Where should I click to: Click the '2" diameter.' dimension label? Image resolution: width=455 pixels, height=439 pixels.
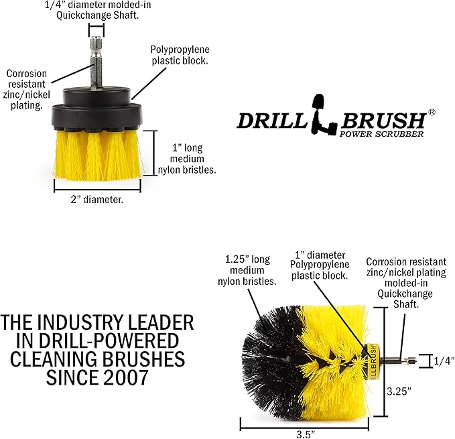[97, 199]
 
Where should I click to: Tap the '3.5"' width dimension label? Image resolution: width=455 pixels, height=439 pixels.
[306, 434]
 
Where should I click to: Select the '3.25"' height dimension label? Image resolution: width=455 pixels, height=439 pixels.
[399, 391]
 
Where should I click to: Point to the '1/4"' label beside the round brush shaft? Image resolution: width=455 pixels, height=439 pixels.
[444, 361]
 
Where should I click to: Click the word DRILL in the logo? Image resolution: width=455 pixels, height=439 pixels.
[272, 121]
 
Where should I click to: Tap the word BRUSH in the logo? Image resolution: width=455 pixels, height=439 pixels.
[383, 120]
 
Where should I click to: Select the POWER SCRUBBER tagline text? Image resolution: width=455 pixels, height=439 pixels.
[381, 134]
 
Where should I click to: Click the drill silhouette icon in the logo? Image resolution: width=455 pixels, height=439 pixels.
[323, 115]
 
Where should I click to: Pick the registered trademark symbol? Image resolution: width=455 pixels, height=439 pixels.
[432, 113]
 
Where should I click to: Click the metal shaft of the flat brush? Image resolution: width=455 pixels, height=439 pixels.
[96, 62]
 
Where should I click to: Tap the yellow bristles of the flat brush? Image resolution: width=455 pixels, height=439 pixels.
[98, 155]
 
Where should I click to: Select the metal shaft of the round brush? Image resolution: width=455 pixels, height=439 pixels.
[399, 361]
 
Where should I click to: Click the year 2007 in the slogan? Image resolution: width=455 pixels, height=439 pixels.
[126, 377]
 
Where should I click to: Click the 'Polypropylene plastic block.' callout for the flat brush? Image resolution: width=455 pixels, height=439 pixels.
[180, 55]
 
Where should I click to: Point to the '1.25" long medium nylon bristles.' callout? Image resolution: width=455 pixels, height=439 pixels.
[247, 270]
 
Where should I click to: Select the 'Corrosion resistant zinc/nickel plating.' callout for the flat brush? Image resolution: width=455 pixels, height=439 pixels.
[26, 89]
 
